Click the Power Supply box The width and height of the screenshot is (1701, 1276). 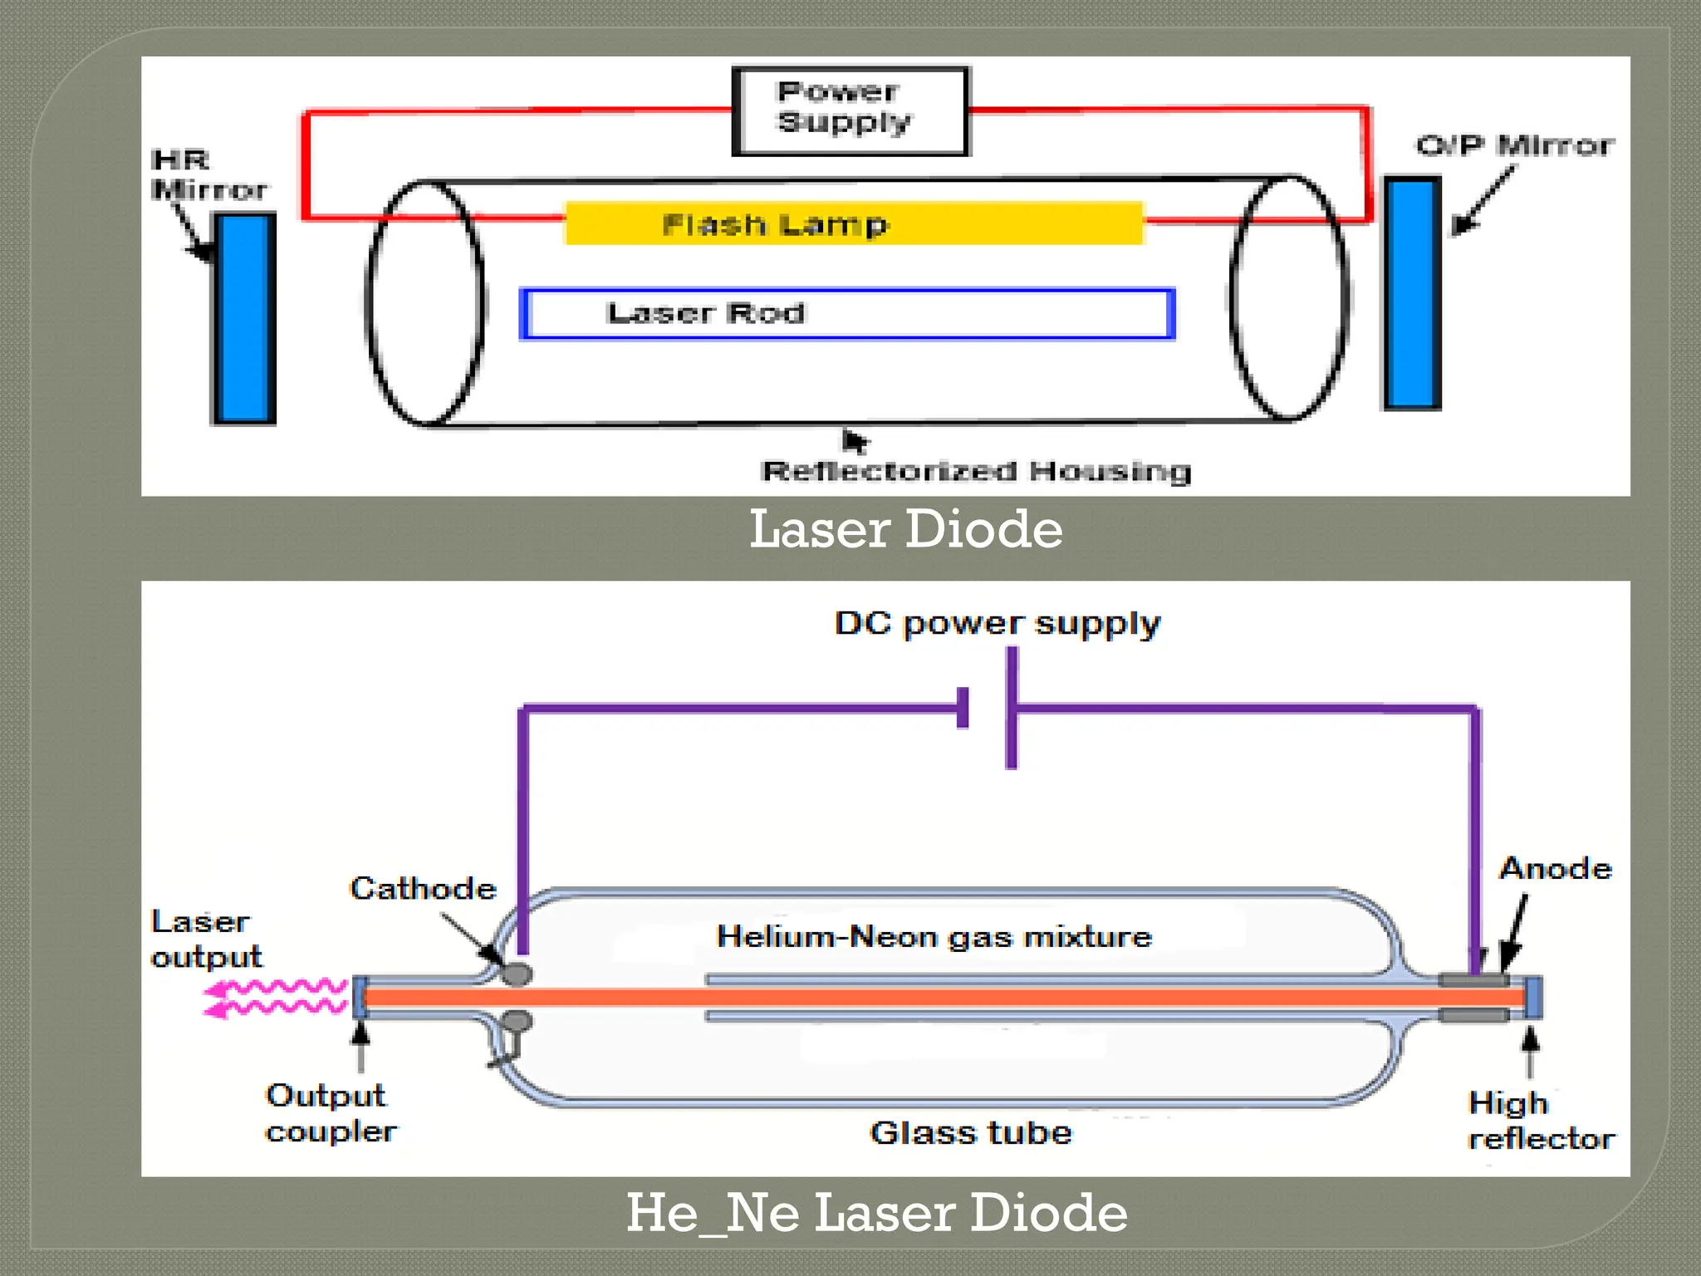(x=850, y=110)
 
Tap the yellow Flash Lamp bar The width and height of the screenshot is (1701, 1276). (x=854, y=223)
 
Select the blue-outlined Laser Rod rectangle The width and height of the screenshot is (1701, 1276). (x=847, y=314)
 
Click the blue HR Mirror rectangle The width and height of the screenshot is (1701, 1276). (x=244, y=318)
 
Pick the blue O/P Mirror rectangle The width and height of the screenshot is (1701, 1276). (x=1412, y=293)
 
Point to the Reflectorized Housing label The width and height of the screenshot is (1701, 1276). (x=976, y=472)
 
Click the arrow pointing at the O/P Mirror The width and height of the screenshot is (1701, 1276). (x=1482, y=202)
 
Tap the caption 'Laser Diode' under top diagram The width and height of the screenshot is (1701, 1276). (x=905, y=529)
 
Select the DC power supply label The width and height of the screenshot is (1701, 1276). (x=997, y=623)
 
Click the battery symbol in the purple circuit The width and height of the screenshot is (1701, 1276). (x=988, y=709)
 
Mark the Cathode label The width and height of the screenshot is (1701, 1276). (x=423, y=889)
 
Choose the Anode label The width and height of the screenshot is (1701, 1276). (x=1555, y=869)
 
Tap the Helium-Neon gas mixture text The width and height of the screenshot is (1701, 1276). (x=934, y=937)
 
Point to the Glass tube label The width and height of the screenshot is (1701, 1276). (x=970, y=1133)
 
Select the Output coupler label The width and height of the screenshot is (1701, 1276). (x=330, y=1113)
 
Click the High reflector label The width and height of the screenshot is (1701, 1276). (x=1541, y=1121)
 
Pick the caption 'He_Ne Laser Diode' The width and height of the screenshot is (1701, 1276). (x=876, y=1213)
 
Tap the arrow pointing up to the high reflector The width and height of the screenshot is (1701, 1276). (x=1530, y=1051)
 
